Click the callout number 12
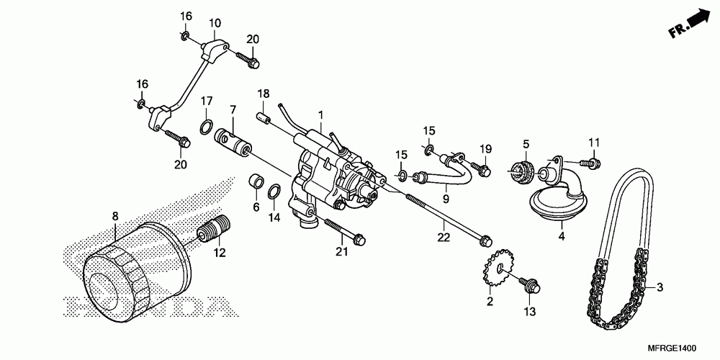click(219, 252)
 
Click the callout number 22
click(444, 236)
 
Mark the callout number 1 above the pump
click(320, 114)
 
